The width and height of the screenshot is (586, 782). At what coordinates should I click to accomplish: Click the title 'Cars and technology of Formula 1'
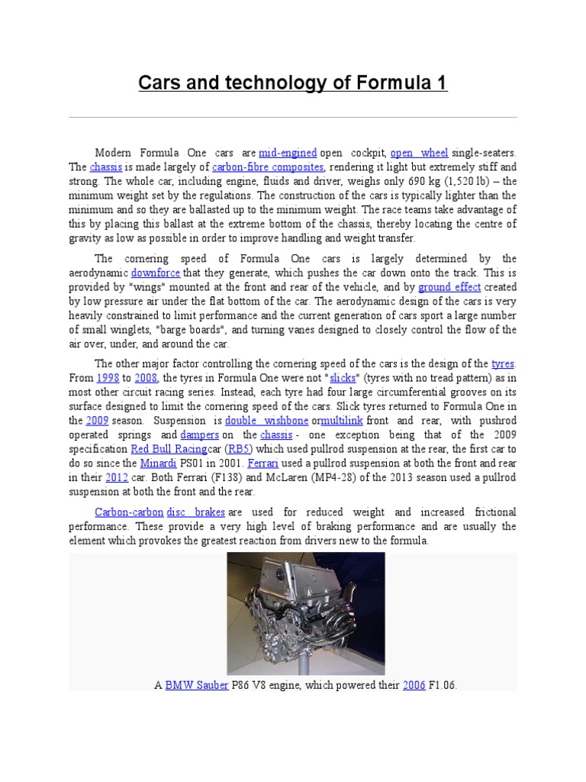click(292, 82)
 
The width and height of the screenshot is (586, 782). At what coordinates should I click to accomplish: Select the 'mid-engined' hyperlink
click(288, 152)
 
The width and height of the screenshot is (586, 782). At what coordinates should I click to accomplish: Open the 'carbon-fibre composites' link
click(269, 166)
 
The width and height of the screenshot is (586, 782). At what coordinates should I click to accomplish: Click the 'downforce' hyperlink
click(156, 273)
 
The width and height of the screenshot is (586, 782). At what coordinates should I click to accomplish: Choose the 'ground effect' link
click(449, 287)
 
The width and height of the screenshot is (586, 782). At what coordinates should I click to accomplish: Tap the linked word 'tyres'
click(503, 363)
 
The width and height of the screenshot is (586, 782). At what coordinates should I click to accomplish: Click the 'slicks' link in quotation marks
click(343, 377)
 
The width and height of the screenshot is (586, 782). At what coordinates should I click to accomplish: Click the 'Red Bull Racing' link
click(163, 449)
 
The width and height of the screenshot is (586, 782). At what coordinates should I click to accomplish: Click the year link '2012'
click(117, 477)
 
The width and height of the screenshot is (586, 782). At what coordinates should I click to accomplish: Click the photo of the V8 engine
click(306, 613)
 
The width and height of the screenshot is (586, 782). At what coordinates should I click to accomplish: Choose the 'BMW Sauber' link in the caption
click(197, 685)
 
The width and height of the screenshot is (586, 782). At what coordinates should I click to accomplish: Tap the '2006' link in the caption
click(414, 685)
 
